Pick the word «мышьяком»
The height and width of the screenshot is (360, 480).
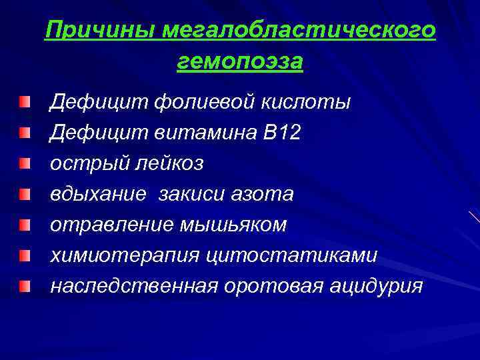click(x=233, y=225)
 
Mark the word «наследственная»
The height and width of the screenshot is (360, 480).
click(x=134, y=285)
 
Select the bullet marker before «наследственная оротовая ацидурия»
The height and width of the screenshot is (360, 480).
click(x=25, y=285)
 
